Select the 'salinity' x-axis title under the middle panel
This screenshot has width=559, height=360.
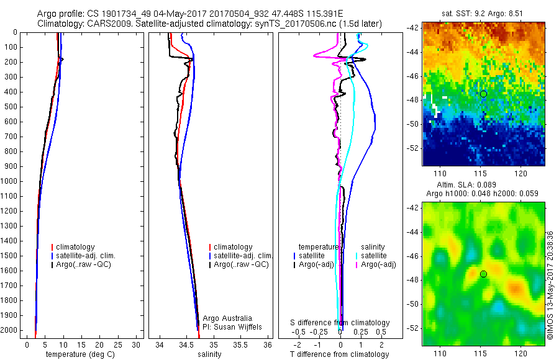point(209,354)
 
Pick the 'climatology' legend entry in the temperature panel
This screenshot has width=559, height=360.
point(78,247)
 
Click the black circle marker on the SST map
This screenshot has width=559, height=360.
point(483,94)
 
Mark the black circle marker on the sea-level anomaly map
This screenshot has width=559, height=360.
point(483,274)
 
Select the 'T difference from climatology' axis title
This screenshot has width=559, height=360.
point(339,354)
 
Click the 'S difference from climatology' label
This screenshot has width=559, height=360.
point(340,323)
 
